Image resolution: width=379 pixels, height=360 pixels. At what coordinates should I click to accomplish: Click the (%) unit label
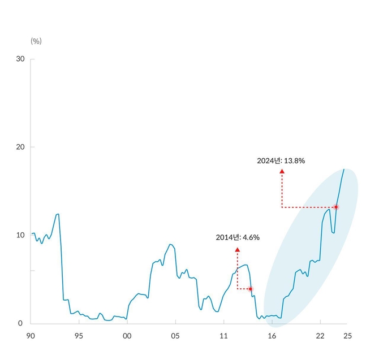tap(36, 41)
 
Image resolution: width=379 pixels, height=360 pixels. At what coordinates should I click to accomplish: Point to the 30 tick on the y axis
tap(20, 59)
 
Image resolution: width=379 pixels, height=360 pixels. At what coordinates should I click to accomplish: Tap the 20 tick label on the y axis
tap(20, 147)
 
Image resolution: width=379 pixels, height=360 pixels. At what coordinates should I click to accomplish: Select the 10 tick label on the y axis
tap(20, 235)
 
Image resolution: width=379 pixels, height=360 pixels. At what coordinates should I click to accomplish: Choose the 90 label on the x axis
tap(31, 335)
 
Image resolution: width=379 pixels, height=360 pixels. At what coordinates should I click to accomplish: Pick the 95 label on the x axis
tap(79, 335)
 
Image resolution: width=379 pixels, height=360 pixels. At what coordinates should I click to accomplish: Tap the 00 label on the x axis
tap(127, 335)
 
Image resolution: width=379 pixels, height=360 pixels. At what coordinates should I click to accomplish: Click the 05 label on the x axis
tap(175, 335)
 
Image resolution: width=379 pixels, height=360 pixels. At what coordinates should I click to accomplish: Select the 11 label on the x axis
tap(223, 335)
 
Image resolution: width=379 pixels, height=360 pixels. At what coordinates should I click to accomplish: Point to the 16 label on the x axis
tap(272, 335)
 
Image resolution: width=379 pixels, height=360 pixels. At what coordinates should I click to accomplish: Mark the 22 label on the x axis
tap(320, 335)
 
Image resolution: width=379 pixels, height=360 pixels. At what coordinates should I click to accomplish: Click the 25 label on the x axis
tap(347, 335)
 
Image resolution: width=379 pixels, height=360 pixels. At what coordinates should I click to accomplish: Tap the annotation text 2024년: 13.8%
tap(281, 161)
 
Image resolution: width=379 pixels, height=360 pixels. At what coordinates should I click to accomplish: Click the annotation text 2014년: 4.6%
tap(238, 237)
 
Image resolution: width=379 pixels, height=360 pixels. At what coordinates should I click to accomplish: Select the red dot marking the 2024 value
tap(336, 207)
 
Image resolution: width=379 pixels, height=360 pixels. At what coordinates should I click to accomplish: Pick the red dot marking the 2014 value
tap(251, 289)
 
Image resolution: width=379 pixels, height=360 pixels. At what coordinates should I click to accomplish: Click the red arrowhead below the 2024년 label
tap(282, 171)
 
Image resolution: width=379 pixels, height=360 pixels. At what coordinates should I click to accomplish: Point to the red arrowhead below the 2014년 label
tap(238, 248)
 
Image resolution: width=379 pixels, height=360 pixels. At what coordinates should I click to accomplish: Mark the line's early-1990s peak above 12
tap(58, 214)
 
